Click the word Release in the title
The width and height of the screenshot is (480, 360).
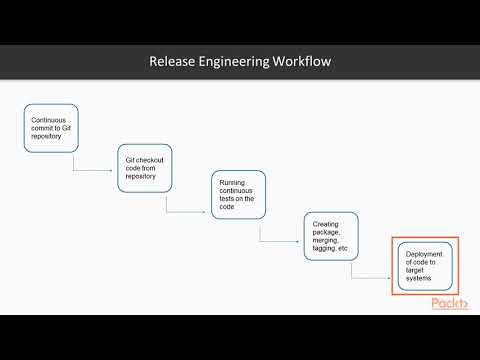tap(172, 62)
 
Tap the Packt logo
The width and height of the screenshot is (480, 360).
tap(450, 305)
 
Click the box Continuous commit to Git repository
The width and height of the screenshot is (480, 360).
tap(50, 128)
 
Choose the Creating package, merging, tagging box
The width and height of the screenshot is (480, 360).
tap(331, 237)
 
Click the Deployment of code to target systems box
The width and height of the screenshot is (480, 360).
tap(425, 265)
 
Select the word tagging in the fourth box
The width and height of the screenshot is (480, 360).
tap(324, 247)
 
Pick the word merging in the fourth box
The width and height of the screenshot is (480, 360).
tap(327, 239)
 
